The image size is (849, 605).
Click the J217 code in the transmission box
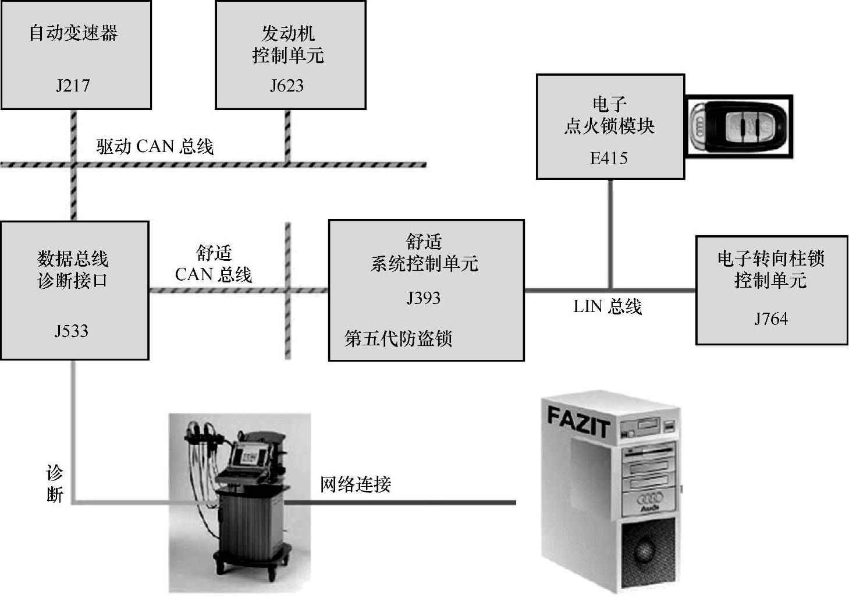tap(73, 86)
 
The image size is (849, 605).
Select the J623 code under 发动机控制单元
tap(286, 86)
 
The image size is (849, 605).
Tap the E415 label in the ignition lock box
tap(609, 158)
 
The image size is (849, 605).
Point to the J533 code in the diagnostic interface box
tap(72, 331)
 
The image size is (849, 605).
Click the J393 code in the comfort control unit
tap(423, 298)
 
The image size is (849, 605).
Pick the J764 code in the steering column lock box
tap(771, 319)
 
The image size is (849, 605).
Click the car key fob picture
tap(738, 126)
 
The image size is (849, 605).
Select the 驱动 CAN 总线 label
tap(155, 146)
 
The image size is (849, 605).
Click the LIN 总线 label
tap(608, 307)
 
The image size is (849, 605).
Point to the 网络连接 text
tap(355, 484)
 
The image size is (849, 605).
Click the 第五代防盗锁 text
tap(398, 338)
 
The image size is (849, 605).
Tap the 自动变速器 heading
tap(73, 33)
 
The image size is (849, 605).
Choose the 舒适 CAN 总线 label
tap(214, 264)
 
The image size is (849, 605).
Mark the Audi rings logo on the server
tap(650, 498)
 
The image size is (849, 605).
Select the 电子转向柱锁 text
tap(770, 258)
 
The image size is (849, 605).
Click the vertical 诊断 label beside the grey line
tap(55, 484)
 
